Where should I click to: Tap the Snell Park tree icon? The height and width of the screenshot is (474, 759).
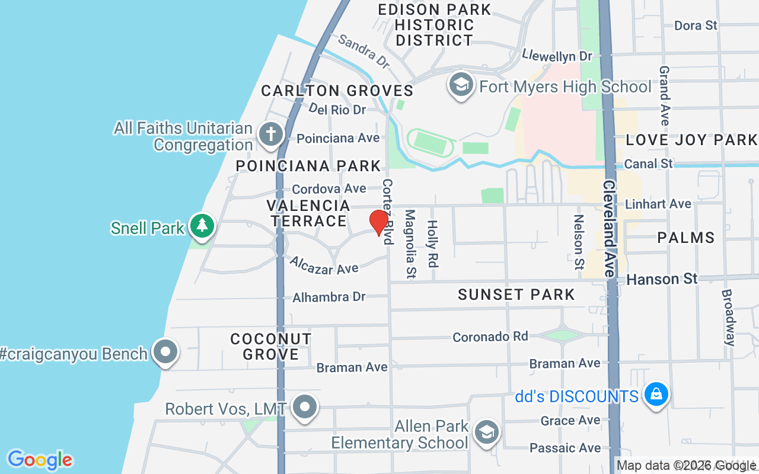pos(202,226)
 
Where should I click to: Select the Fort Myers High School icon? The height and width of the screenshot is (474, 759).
pos(460,86)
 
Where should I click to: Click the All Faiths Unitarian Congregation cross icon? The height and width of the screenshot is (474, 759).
pos(271,134)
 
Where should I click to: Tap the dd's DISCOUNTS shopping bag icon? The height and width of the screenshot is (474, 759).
pos(656,394)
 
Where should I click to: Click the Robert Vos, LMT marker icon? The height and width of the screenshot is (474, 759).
pos(305,407)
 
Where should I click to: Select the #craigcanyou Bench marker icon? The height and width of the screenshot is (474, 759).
pos(165,352)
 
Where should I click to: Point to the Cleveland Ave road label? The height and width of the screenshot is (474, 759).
pos(609,228)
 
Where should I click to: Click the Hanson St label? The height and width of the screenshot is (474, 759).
pos(662,278)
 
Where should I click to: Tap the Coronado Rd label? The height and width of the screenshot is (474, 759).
pos(490,337)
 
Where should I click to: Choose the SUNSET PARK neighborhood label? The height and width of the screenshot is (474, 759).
pos(516,294)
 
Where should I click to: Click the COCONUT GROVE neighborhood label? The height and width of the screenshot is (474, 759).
pos(271,347)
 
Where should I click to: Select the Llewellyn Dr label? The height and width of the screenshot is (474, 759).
pos(557,56)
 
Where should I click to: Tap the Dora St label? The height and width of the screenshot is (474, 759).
pos(696,25)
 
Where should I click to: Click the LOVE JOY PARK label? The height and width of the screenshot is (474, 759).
pos(691,140)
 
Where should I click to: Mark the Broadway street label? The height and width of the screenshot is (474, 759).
pos(729,317)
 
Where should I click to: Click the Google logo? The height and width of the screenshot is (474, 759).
pos(40,460)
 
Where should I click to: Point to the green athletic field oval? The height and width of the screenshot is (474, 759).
pos(431,142)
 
